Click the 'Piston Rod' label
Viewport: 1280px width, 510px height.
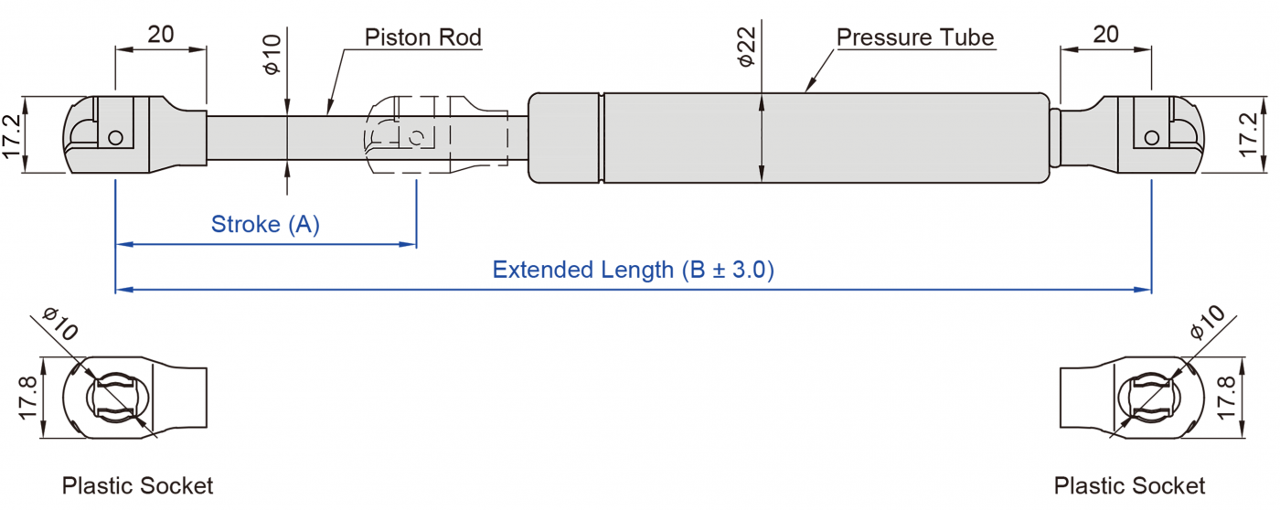[422, 37]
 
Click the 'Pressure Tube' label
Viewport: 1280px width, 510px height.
[915, 37]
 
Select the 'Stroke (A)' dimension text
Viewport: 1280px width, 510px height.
[265, 224]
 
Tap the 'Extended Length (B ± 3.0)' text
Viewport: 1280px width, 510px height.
[633, 270]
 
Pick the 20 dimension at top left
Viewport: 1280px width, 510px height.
[161, 35]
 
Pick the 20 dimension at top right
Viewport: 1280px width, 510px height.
[1105, 35]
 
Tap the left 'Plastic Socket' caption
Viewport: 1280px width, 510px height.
[137, 485]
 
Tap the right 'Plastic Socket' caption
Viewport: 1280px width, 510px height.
[1129, 485]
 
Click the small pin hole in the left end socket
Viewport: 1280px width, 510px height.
[115, 138]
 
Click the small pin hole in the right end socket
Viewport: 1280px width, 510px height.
[1151, 138]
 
